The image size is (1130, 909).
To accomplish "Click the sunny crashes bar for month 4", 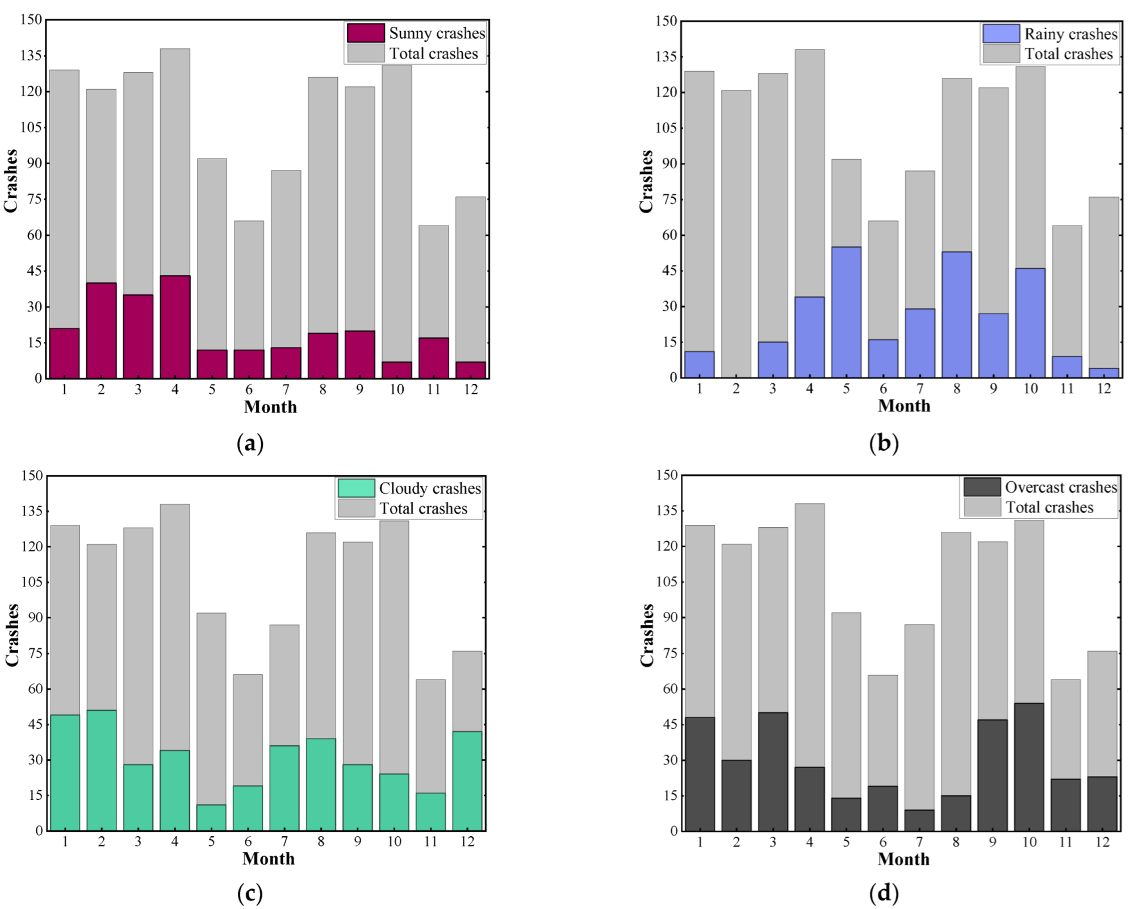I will [175, 327].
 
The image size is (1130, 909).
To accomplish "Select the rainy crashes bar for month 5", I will [846, 312].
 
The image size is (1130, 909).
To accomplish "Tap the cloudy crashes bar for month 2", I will [102, 770].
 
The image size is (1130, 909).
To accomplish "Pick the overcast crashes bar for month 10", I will [1029, 766].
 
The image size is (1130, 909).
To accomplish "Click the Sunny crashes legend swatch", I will [366, 33].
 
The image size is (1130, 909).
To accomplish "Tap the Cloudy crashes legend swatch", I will [356, 488].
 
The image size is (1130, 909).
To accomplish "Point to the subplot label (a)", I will [250, 443].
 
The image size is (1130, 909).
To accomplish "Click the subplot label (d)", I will [884, 893].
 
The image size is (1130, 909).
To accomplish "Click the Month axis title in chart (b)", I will [904, 406].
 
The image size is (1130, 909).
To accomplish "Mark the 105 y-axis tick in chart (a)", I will [31, 127].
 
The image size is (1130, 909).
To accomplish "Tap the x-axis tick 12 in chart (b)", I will [1103, 389].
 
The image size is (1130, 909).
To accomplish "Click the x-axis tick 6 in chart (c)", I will [248, 841].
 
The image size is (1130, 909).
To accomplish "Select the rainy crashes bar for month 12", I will [1103, 373].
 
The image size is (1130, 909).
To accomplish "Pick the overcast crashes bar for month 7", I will [919, 820].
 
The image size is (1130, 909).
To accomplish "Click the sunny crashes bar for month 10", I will [396, 370].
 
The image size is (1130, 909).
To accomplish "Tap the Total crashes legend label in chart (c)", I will [423, 508].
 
